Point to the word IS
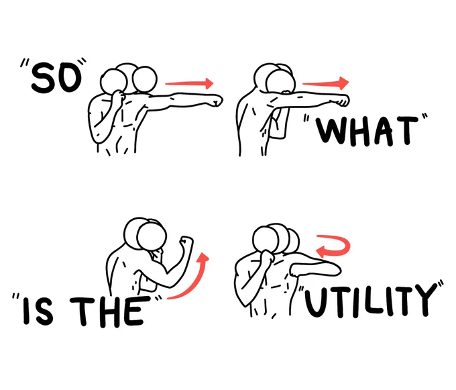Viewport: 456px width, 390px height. pos(39,311)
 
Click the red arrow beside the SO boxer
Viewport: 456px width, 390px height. pos(189,83)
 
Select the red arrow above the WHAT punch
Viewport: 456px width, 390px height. pos(326,83)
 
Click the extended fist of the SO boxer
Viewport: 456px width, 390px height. pos(216,101)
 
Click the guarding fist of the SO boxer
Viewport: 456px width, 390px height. pos(119,97)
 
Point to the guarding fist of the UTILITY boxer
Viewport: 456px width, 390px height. pos(268,256)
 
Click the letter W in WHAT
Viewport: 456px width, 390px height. pos(330,131)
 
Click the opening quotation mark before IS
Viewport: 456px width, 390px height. pos(15,297)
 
